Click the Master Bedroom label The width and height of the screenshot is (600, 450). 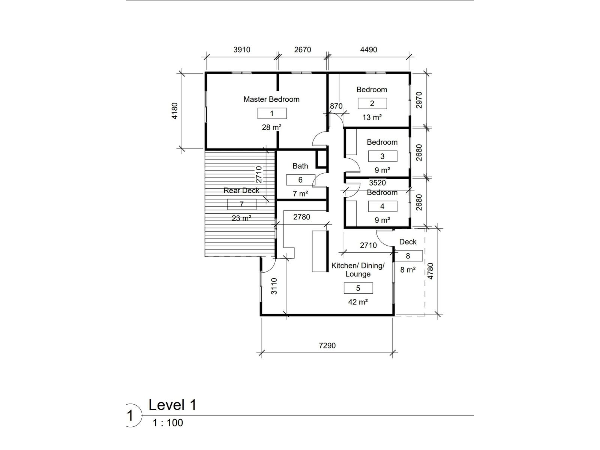[271, 99]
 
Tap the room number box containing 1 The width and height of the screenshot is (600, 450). [272, 113]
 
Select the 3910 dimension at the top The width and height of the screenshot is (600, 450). [241, 50]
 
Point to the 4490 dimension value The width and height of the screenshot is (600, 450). [369, 50]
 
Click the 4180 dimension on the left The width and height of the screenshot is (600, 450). [175, 111]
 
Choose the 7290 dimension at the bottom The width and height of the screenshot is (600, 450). [327, 346]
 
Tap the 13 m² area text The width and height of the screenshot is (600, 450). [372, 117]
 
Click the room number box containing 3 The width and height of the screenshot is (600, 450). [382, 156]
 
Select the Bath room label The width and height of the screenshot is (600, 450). [300, 166]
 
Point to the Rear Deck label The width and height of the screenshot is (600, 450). [241, 190]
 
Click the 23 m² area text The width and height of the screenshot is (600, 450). [241, 218]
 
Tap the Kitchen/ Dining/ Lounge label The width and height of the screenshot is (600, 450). [358, 270]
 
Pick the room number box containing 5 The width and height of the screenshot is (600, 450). [358, 288]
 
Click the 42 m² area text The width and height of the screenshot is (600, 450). [358, 302]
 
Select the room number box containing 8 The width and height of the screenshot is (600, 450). [408, 256]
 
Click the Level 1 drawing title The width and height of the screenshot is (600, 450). [172, 405]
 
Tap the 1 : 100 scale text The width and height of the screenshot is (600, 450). [168, 423]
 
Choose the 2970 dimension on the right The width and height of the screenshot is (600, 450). [419, 100]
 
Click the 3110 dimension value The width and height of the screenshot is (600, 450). [274, 286]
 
